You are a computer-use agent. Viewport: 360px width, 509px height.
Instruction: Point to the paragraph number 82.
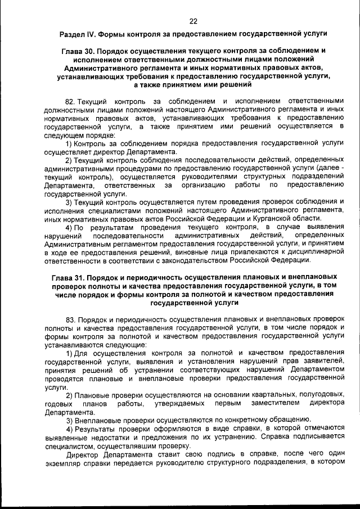click(70, 101)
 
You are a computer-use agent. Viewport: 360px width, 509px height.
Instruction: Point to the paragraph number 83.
click(70, 319)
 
